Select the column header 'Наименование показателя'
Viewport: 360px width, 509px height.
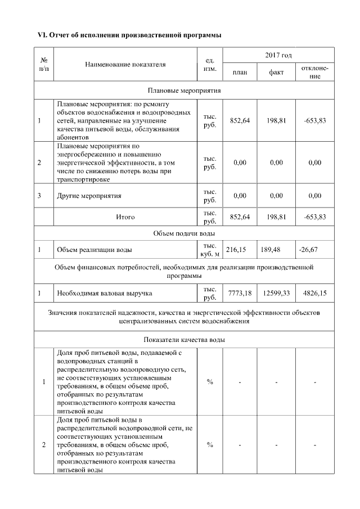(125, 64)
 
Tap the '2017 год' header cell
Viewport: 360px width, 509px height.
(278, 55)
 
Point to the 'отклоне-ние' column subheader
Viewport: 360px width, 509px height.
(315, 72)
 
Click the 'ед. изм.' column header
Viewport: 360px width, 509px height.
(209, 64)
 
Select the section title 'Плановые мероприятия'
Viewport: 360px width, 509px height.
(184, 90)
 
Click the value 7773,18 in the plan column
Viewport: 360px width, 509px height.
(240, 293)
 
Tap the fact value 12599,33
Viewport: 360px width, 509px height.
(276, 293)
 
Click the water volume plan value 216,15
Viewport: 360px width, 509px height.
(236, 249)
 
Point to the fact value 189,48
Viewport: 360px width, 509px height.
(272, 249)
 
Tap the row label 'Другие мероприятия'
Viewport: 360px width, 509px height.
(89, 196)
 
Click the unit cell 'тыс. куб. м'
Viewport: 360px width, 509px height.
(209, 249)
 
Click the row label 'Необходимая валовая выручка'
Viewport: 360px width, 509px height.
(105, 293)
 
